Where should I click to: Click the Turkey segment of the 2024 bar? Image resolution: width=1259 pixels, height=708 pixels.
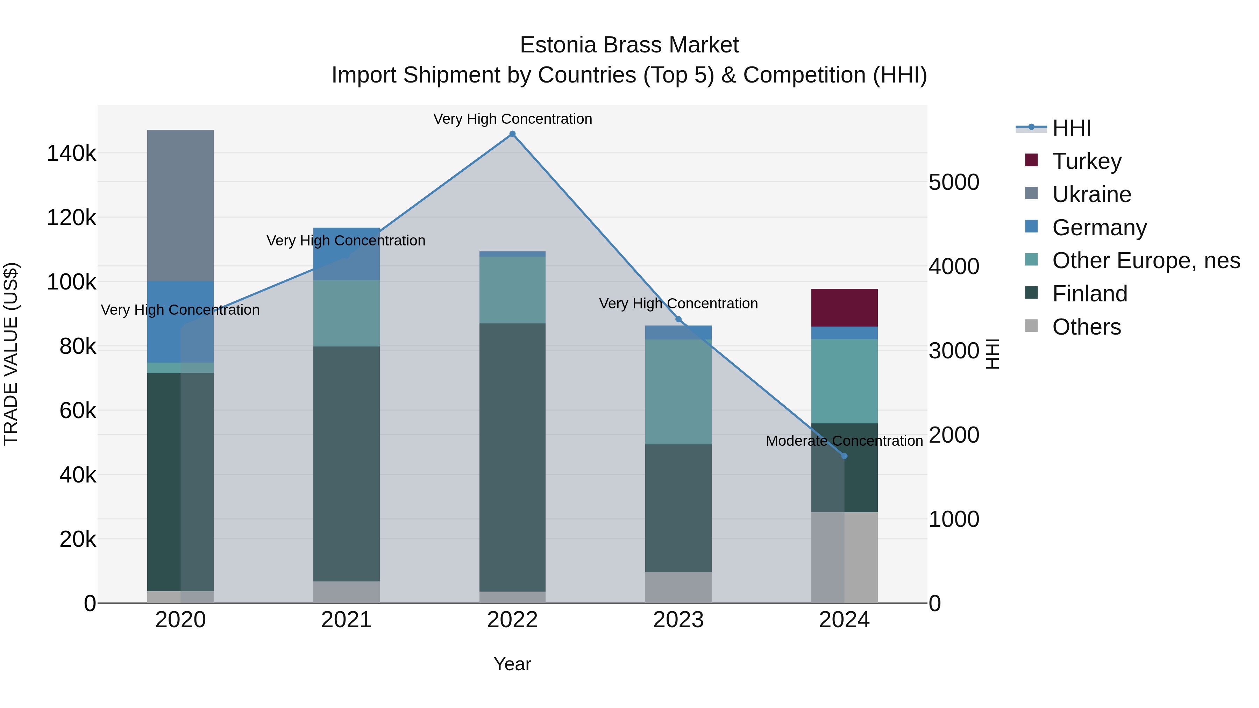(844, 307)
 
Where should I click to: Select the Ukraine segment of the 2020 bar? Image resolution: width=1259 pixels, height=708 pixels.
(180, 205)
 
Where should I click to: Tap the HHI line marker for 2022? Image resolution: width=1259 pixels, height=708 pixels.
(512, 134)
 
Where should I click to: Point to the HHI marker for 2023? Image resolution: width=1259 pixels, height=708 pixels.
(678, 320)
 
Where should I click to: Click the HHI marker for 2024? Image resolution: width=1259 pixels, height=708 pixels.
(844, 456)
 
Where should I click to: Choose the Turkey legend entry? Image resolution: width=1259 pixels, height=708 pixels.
(1087, 161)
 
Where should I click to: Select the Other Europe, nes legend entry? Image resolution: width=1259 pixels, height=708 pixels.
(1146, 260)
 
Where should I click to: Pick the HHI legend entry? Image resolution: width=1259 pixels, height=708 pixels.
(1071, 128)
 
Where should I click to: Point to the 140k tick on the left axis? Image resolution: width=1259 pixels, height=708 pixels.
(71, 153)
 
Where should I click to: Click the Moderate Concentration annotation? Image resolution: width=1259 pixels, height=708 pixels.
(844, 441)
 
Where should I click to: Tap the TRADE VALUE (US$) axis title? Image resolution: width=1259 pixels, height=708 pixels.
(11, 354)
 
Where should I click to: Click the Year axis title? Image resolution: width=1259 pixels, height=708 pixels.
(512, 664)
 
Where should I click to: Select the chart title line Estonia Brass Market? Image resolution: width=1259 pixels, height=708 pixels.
(629, 45)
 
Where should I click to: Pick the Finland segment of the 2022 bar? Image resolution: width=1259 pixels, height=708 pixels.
(512, 457)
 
